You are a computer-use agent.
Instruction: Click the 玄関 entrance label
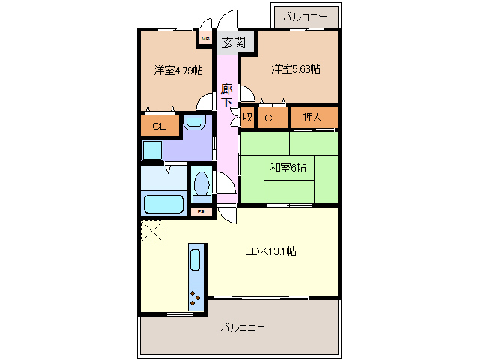pyautogui.click(x=232, y=42)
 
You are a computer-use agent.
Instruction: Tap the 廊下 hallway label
pyautogui.click(x=226, y=95)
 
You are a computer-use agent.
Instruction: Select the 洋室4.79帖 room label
pyautogui.click(x=178, y=70)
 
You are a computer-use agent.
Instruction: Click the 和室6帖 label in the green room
pyautogui.click(x=288, y=168)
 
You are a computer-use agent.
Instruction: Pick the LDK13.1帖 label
pyautogui.click(x=270, y=251)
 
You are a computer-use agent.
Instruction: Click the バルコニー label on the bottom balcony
pyautogui.click(x=243, y=328)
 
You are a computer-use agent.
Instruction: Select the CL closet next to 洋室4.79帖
pyautogui.click(x=159, y=126)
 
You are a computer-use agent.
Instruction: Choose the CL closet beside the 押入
pyautogui.click(x=271, y=118)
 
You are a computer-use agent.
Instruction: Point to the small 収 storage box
pyautogui.click(x=247, y=118)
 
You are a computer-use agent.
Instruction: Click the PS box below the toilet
pyautogui.click(x=200, y=212)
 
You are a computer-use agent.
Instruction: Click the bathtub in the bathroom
pyautogui.click(x=163, y=204)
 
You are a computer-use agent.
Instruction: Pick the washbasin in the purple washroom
pyautogui.click(x=194, y=121)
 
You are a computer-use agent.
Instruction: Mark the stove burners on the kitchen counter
pyautogui.click(x=196, y=298)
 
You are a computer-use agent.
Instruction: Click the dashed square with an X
pyautogui.click(x=152, y=232)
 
